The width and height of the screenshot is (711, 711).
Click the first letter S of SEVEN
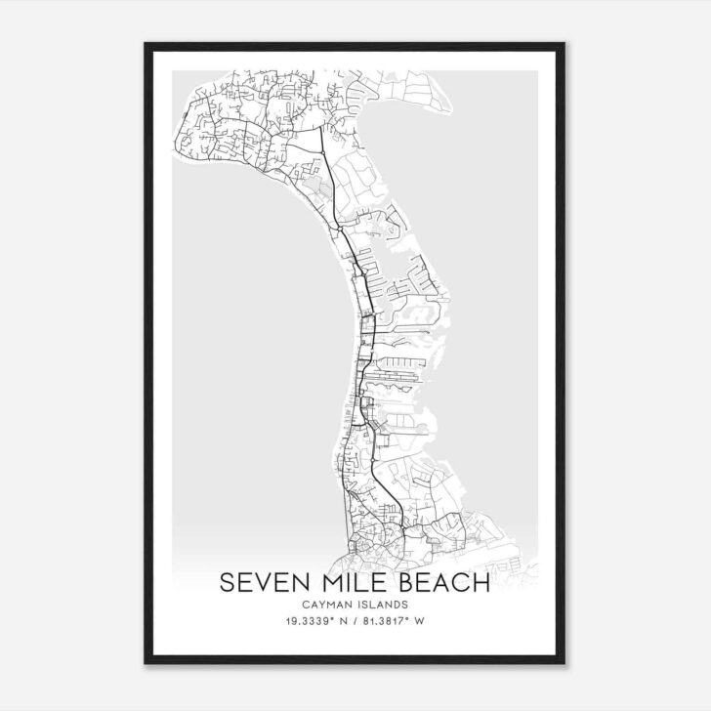click(227, 583)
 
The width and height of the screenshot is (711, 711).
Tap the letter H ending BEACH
click(481, 583)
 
